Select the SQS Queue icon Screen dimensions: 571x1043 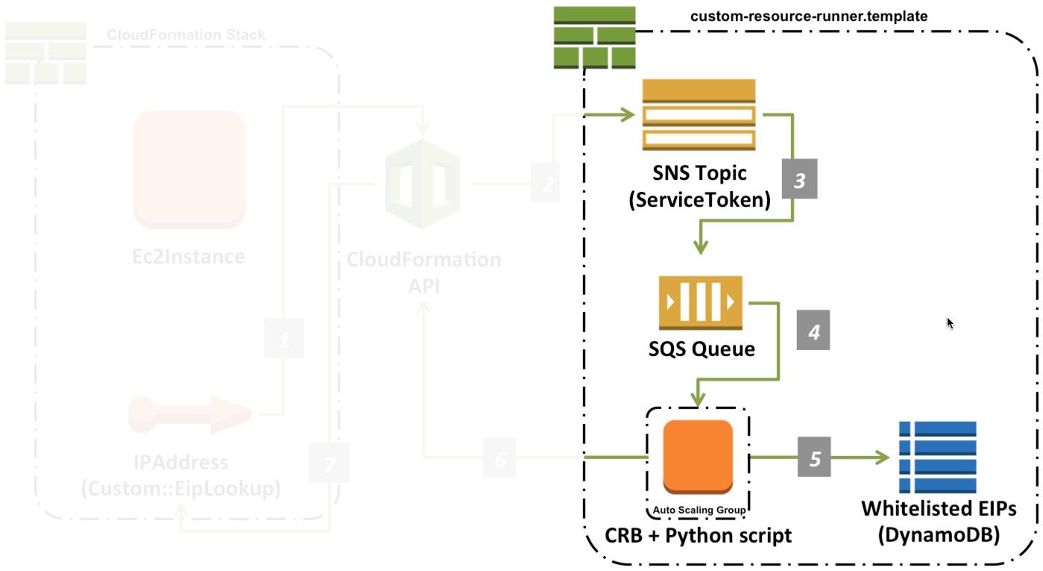pyautogui.click(x=700, y=302)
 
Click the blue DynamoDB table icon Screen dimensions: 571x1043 pyautogui.click(x=937, y=457)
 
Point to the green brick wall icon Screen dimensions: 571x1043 pyautogui.click(x=594, y=37)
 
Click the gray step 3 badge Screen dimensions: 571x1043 pyautogui.click(x=799, y=180)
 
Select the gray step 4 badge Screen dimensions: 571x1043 pyautogui.click(x=813, y=331)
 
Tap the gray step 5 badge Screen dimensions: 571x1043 pyautogui.click(x=815, y=458)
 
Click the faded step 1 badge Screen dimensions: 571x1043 pyautogui.click(x=284, y=339)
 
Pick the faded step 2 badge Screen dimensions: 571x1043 pyautogui.click(x=549, y=182)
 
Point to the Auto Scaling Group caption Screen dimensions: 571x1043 pyautogui.click(x=699, y=511)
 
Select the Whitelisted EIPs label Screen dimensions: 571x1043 pyautogui.click(x=939, y=508)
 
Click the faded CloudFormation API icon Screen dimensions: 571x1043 pyautogui.click(x=422, y=184)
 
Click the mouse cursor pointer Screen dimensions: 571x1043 pyautogui.click(x=950, y=323)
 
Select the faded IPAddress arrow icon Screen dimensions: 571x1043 pyautogui.click(x=190, y=414)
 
